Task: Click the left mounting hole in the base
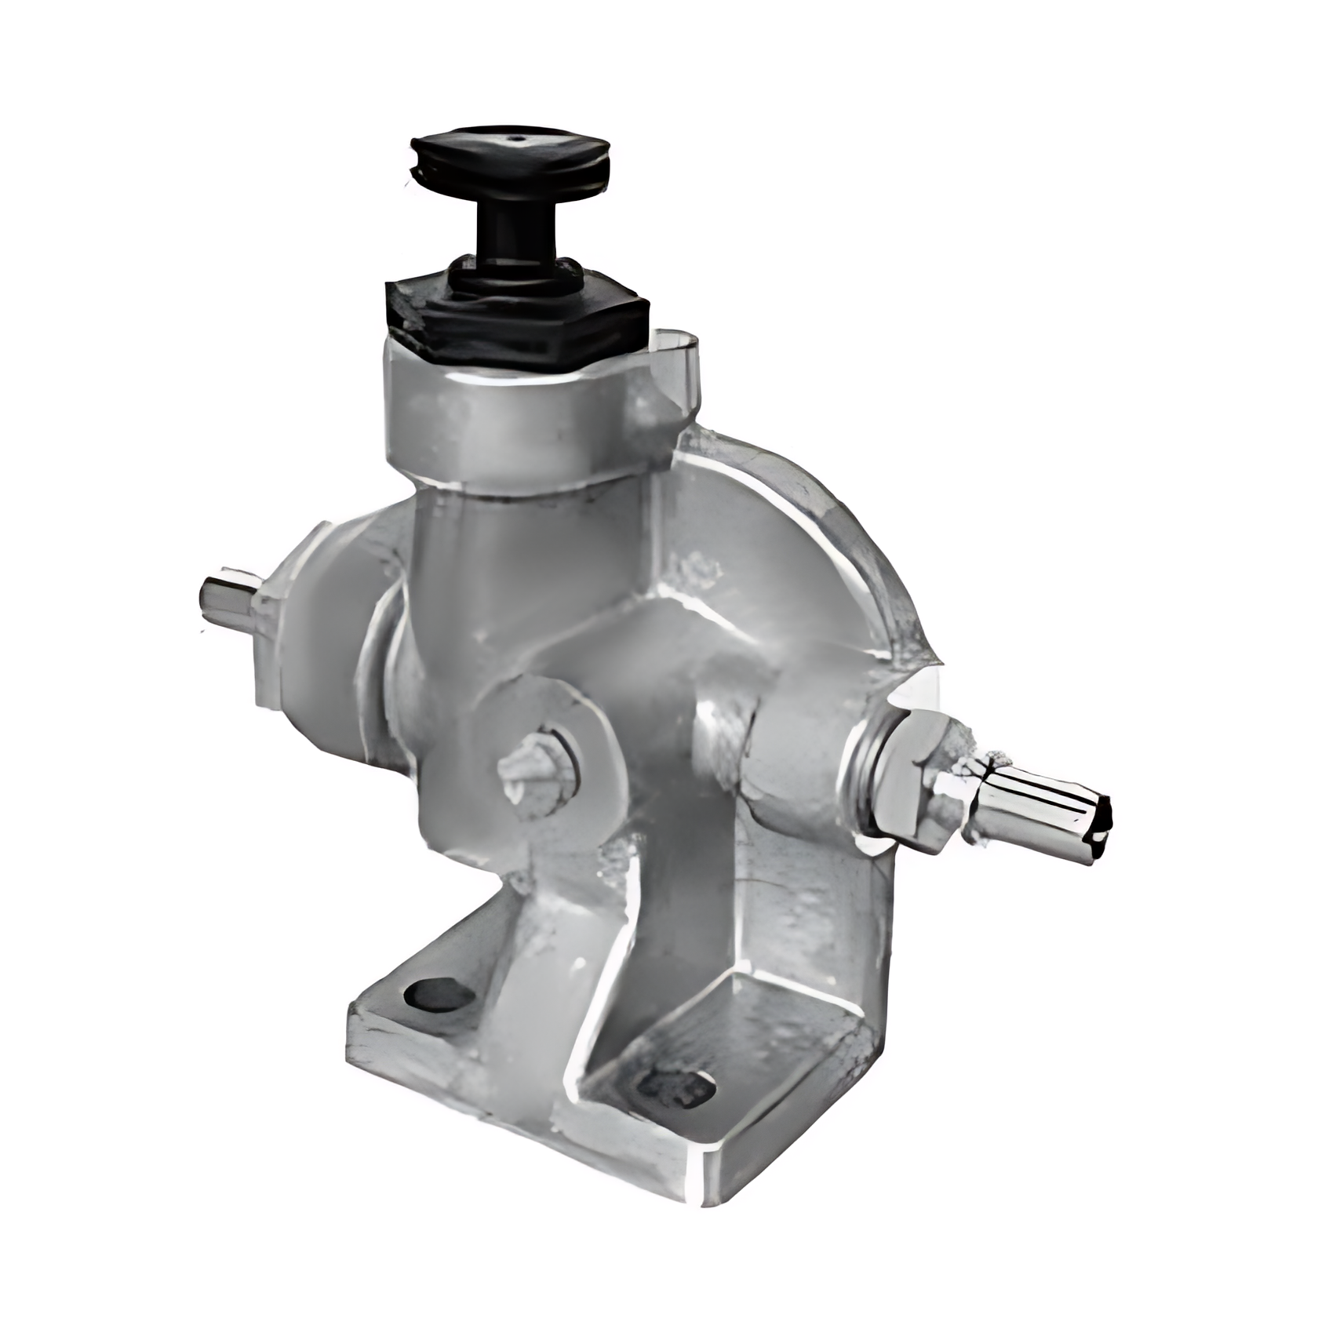[439, 995]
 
